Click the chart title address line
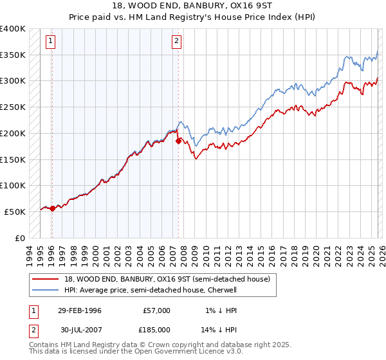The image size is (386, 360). click(x=192, y=5)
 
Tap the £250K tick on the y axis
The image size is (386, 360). click(x=13, y=107)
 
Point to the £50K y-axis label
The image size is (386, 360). click(x=15, y=212)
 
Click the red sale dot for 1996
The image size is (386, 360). click(x=52, y=208)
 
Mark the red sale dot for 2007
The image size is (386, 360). click(x=178, y=141)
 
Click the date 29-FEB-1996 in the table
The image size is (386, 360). click(x=79, y=310)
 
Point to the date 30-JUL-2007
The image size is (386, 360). click(x=79, y=328)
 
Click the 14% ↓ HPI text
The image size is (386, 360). click(x=223, y=328)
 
